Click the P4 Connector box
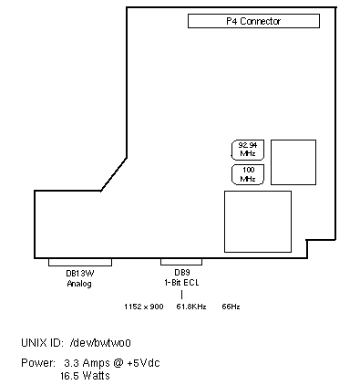pyautogui.click(x=253, y=21)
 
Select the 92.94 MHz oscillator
pyautogui.click(x=248, y=150)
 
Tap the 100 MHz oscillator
pyautogui.click(x=248, y=174)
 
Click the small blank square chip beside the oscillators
pyautogui.click(x=293, y=162)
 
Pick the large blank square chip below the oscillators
pyautogui.click(x=258, y=222)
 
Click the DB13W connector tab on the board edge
pyautogui.click(x=80, y=263)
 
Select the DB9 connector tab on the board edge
pyautogui.click(x=181, y=262)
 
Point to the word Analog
pyautogui.click(x=79, y=284)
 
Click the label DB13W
pyautogui.click(x=80, y=273)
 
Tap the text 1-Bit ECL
pyautogui.click(x=181, y=283)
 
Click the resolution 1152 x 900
pyautogui.click(x=144, y=307)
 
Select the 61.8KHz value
pyautogui.click(x=191, y=307)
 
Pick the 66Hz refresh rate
pyautogui.click(x=231, y=307)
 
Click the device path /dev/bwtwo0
pyautogui.click(x=100, y=343)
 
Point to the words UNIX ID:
pyautogui.click(x=42, y=343)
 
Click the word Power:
pyautogui.click(x=38, y=363)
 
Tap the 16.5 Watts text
pyautogui.click(x=85, y=376)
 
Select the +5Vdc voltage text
pyautogui.click(x=143, y=363)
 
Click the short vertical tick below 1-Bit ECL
pyautogui.click(x=181, y=295)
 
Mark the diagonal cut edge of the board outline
pyautogui.click(x=114, y=174)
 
